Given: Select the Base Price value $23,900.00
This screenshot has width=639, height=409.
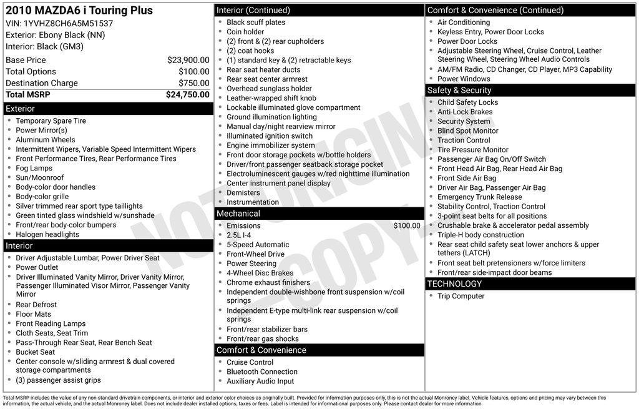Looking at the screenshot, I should [x=188, y=60].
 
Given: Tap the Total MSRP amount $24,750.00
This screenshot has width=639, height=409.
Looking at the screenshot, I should [x=187, y=94].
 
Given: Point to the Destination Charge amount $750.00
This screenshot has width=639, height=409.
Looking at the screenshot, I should [x=193, y=83].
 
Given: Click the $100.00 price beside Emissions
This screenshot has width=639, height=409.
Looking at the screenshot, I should [x=407, y=226].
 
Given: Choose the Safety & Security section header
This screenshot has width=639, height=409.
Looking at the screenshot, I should [x=459, y=91].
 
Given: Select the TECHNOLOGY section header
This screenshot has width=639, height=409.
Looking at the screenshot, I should [x=454, y=284].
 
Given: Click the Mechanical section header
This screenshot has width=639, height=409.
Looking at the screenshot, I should [x=238, y=214].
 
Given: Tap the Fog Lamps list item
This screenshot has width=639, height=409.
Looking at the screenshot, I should [x=34, y=168].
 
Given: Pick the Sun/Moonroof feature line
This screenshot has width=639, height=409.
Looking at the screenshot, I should [x=39, y=178].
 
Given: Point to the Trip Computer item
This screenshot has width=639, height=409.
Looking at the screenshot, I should [x=461, y=296].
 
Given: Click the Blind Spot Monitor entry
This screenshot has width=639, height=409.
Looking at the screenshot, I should [x=467, y=131].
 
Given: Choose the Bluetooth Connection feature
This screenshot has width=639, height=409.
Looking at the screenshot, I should [x=261, y=372].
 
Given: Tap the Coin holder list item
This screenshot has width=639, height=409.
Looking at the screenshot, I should [x=245, y=32].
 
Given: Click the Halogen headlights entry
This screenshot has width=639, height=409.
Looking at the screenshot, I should [x=47, y=235].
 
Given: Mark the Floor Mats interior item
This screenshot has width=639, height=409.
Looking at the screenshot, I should [x=33, y=314].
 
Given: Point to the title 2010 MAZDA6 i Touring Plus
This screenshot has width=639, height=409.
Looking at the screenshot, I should [x=79, y=11].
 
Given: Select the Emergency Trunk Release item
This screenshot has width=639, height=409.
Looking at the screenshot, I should [x=479, y=197].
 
